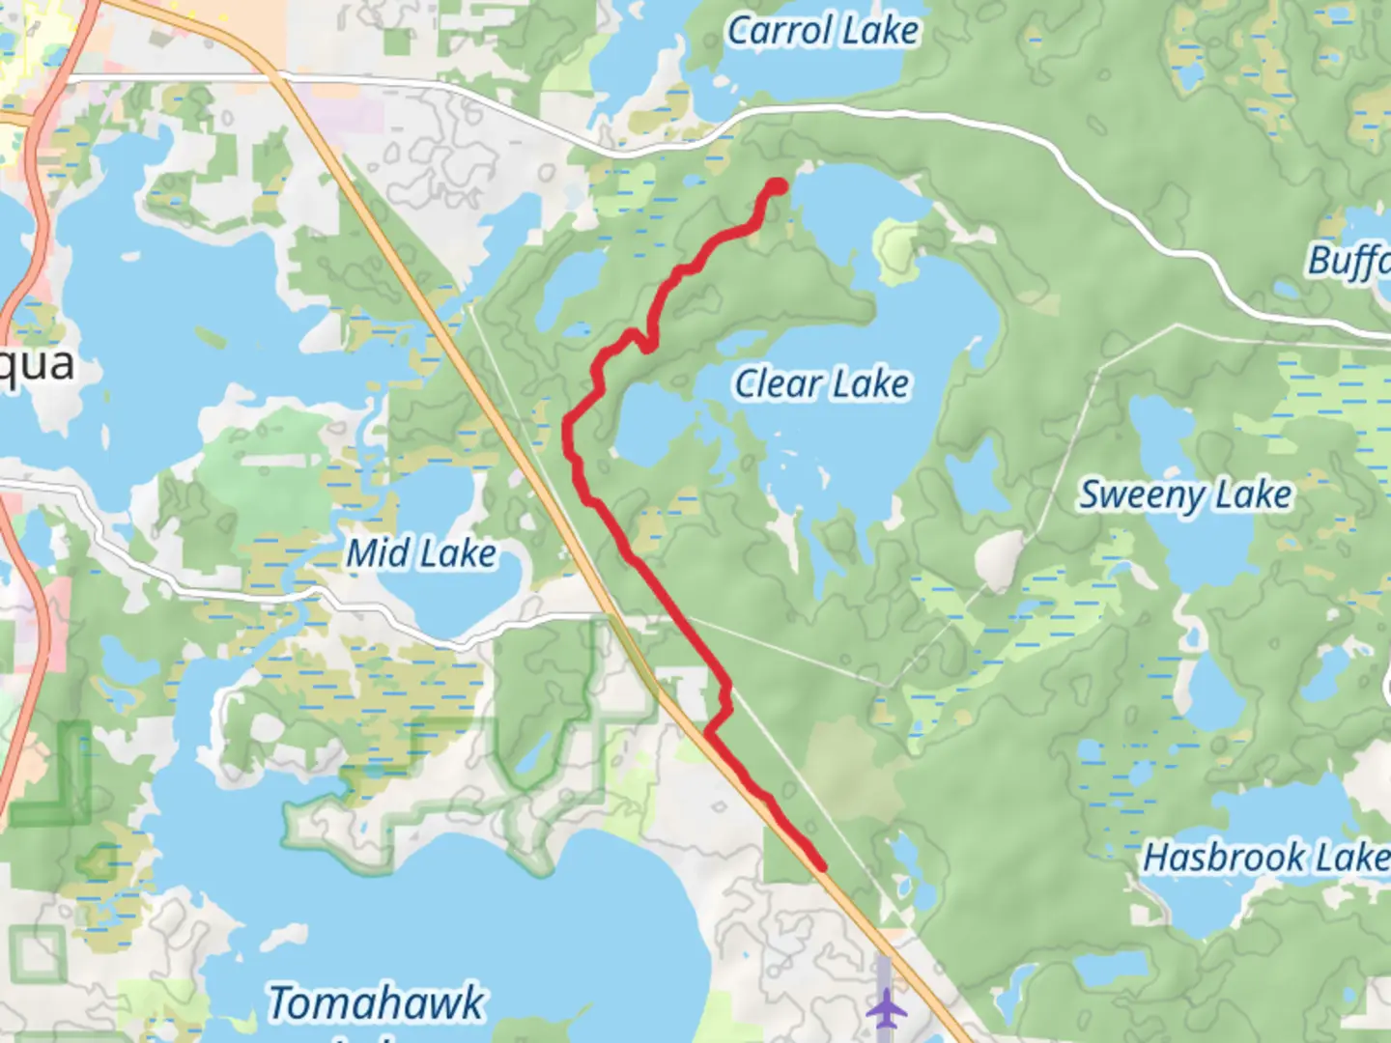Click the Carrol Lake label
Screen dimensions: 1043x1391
(822, 31)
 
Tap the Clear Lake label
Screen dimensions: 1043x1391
(822, 384)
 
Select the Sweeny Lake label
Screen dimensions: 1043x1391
(1185, 495)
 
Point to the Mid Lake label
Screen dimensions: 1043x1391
(421, 554)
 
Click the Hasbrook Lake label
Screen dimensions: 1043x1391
(1265, 858)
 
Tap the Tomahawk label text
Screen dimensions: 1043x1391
(377, 1004)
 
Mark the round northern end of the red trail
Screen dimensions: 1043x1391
(777, 186)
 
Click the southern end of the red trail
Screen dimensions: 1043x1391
(822, 866)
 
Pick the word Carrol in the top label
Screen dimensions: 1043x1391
(779, 31)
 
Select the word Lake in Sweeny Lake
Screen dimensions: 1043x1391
(1253, 494)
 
